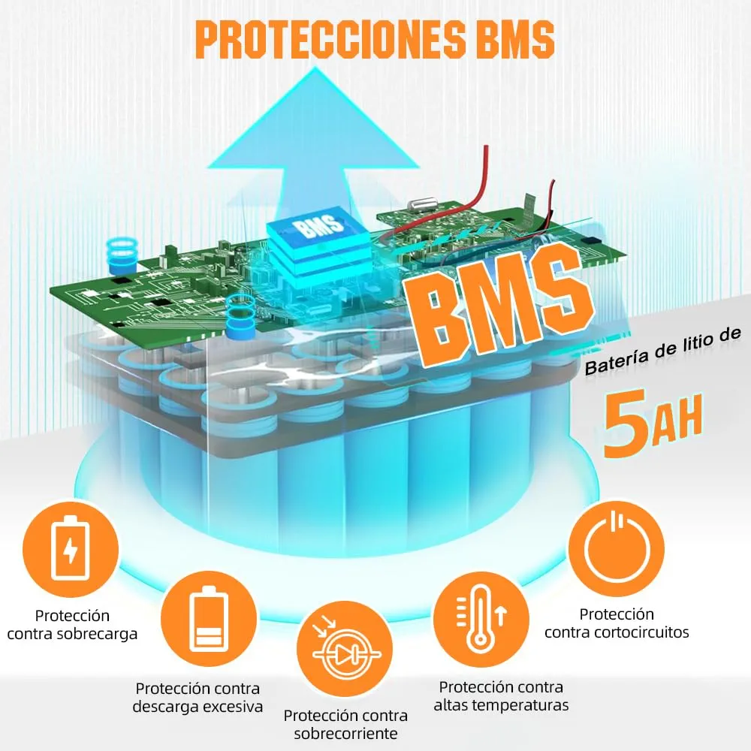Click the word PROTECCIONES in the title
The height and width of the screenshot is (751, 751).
click(x=330, y=40)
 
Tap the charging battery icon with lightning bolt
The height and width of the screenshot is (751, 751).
click(x=71, y=549)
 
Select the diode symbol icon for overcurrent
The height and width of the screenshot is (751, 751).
click(x=345, y=649)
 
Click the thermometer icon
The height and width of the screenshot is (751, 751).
click(x=481, y=619)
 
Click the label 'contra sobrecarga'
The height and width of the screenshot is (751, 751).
click(x=72, y=634)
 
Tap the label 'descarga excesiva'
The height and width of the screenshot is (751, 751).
click(x=198, y=707)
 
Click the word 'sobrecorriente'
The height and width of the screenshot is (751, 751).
click(x=345, y=733)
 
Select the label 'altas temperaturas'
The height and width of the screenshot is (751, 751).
click(x=501, y=705)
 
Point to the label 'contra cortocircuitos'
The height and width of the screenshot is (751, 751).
click(x=617, y=632)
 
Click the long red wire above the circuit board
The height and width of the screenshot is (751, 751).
click(x=479, y=192)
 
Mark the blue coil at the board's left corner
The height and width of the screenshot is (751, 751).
click(x=122, y=256)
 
